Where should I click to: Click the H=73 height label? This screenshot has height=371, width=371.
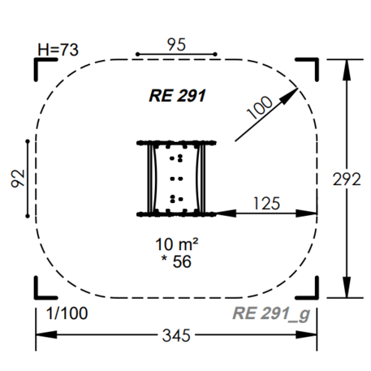(x=58, y=50)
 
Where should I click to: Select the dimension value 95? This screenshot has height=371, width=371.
(x=176, y=45)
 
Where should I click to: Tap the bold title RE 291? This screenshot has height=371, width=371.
(x=177, y=96)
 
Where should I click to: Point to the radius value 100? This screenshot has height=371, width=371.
(x=260, y=107)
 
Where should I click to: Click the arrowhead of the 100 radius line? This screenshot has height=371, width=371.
(x=290, y=96)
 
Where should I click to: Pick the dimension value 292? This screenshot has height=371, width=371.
(x=347, y=179)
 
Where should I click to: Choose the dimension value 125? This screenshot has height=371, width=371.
(x=266, y=204)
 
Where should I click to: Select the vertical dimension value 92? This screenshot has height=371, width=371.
(x=18, y=179)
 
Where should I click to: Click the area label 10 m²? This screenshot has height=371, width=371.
(x=177, y=244)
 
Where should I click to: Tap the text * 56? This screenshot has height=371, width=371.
(x=176, y=261)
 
